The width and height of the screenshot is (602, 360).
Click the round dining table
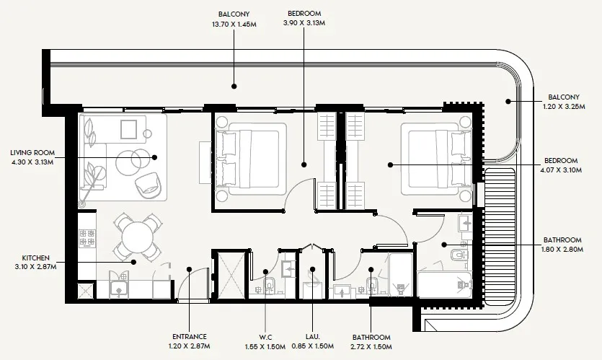point(137,235)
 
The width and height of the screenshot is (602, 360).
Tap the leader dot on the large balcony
point(234,86)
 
